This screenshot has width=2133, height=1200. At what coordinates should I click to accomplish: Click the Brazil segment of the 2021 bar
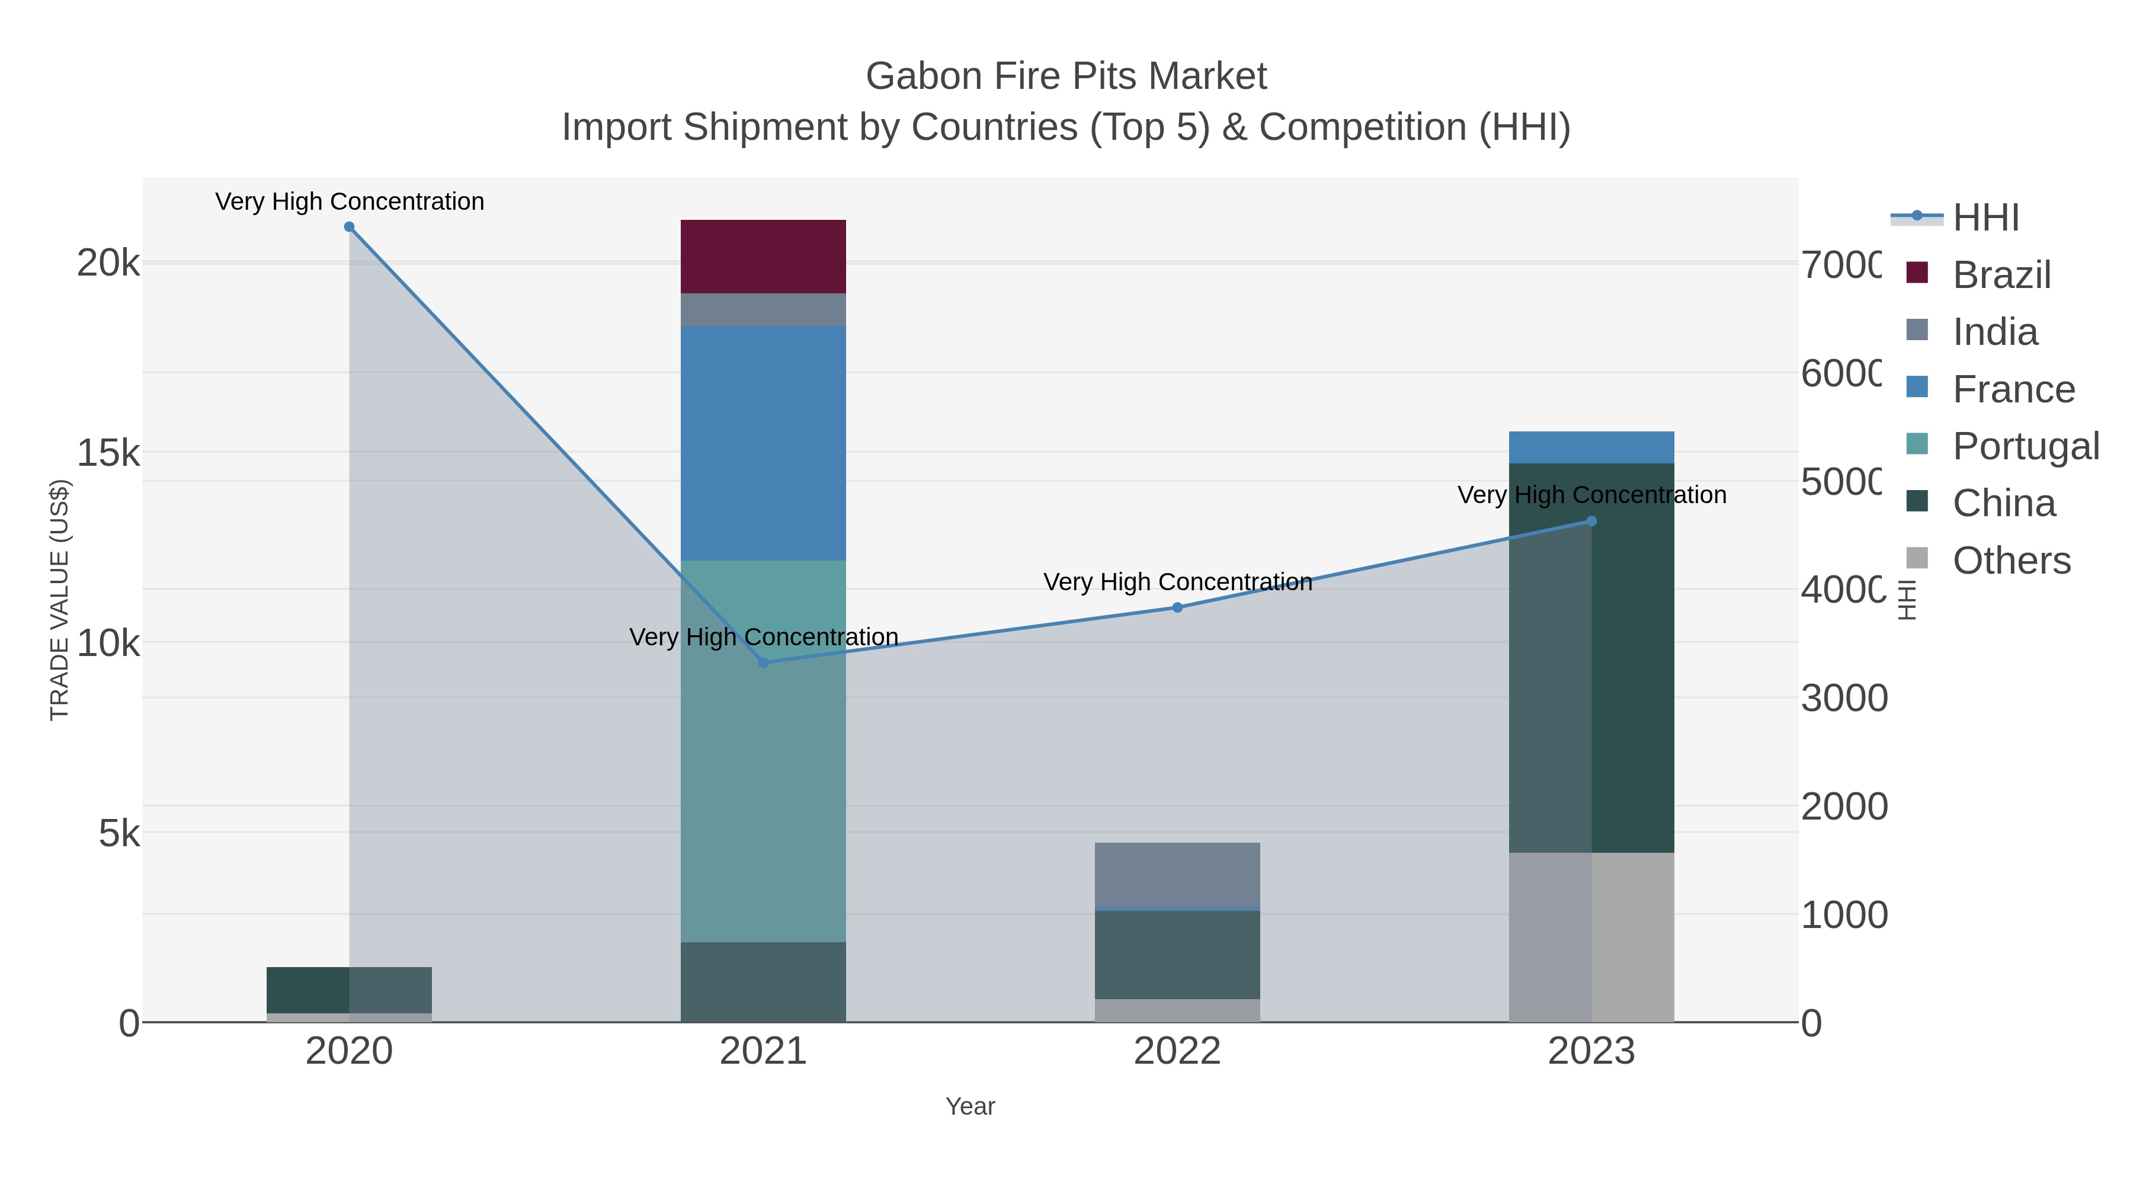click(x=763, y=256)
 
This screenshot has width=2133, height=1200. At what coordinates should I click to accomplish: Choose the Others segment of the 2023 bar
click(x=1591, y=937)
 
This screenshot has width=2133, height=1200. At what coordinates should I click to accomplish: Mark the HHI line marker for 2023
click(x=1591, y=521)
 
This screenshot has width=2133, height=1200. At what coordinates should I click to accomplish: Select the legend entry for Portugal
click(x=2025, y=446)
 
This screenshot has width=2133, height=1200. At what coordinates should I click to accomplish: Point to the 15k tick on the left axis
click(x=108, y=453)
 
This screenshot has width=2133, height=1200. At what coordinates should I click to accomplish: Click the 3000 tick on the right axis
click(x=1843, y=698)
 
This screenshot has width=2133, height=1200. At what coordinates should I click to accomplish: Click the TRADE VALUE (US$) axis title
click(x=60, y=600)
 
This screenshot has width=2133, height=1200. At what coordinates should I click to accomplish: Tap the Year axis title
click(x=969, y=1106)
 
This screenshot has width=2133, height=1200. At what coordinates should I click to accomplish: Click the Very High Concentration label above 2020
click(x=350, y=201)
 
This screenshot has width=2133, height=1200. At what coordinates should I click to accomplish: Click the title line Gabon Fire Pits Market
click(x=1066, y=76)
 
